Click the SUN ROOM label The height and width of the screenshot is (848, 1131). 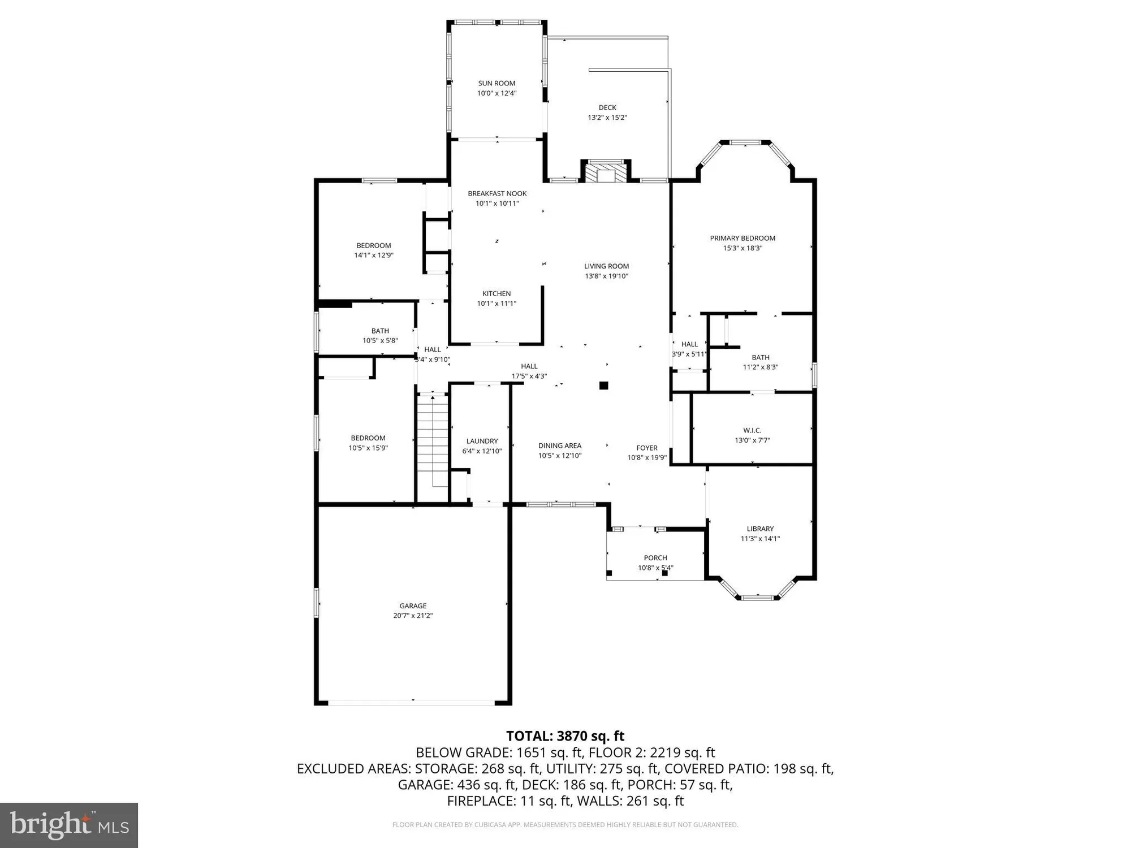pos(497,83)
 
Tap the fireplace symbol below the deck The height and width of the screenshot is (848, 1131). pos(606,172)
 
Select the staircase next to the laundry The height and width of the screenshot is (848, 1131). pos(433,441)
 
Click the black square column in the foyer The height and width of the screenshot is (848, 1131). pos(603,386)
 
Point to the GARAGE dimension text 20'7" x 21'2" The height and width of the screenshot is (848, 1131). pos(413,616)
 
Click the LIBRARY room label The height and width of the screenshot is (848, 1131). pos(760,529)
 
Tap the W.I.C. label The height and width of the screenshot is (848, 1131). pos(752,430)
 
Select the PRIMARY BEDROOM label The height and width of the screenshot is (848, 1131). pos(743,238)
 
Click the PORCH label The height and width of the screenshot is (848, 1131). pos(655,557)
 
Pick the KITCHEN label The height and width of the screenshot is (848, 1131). pos(497,293)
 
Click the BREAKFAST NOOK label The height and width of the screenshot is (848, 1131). pos(497,193)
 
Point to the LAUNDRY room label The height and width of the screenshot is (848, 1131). pos(482,441)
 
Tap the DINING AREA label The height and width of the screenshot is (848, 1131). pos(560,445)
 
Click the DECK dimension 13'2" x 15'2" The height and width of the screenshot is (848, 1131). pos(607,118)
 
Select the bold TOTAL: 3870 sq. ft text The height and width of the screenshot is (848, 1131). pos(565,736)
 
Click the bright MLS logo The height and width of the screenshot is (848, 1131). pos(69,825)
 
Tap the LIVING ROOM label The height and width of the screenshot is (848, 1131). pos(606,266)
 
